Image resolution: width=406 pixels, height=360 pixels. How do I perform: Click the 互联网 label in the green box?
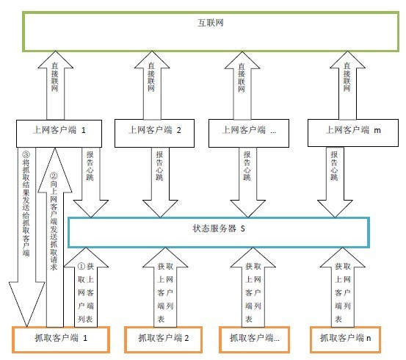click(x=211, y=23)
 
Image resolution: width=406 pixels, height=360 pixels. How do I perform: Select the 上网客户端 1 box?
click(x=59, y=134)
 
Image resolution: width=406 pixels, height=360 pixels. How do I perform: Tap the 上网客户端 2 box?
click(x=154, y=133)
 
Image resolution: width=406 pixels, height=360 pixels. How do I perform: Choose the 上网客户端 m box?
click(x=353, y=133)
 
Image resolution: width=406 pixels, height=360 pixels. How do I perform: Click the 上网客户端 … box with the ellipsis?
click(x=249, y=133)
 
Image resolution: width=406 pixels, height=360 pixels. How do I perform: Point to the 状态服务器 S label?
click(x=219, y=228)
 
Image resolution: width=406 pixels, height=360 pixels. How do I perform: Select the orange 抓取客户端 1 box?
click(x=61, y=339)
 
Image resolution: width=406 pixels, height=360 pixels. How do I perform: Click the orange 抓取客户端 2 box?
click(x=164, y=339)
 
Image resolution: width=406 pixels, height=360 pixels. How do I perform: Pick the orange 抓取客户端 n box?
click(x=345, y=339)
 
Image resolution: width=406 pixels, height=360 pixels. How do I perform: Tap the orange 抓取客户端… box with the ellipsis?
click(x=254, y=339)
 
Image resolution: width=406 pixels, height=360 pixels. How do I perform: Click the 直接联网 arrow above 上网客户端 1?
click(x=55, y=85)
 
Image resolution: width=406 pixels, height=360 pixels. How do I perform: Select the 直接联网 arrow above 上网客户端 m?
click(x=347, y=85)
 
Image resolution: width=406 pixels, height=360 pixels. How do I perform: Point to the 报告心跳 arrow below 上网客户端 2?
click(x=160, y=182)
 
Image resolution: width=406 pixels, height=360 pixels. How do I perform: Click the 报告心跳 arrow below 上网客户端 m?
click(x=335, y=182)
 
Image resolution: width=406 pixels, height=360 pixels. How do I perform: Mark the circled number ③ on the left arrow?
click(x=26, y=155)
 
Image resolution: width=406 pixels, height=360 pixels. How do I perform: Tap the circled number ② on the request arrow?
click(x=54, y=176)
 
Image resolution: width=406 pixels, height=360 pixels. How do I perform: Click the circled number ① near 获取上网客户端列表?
click(x=81, y=266)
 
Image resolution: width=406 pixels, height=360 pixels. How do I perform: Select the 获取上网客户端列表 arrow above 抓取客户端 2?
click(x=165, y=287)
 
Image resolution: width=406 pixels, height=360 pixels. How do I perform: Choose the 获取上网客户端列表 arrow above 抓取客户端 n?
click(x=343, y=287)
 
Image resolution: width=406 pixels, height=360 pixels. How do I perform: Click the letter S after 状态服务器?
click(x=242, y=228)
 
